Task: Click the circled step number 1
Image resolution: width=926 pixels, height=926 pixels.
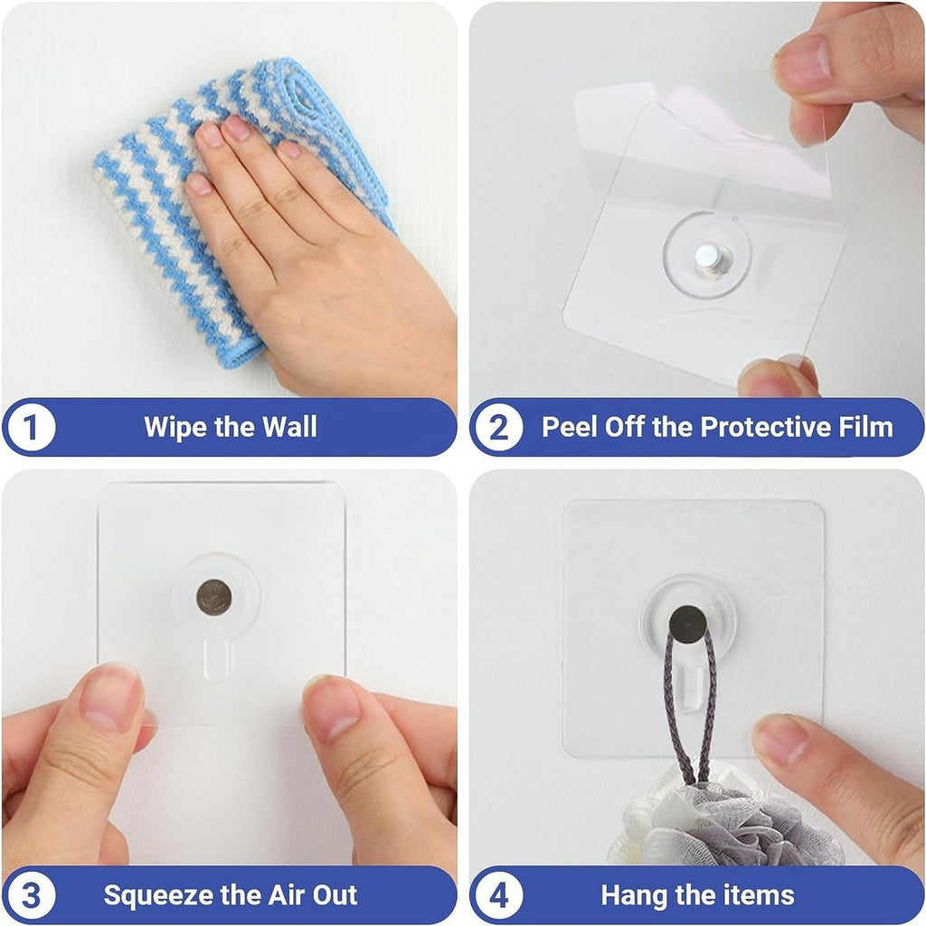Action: [x=32, y=427]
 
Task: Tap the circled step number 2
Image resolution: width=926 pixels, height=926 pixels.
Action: [x=498, y=427]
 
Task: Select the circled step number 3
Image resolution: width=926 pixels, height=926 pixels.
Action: [x=32, y=895]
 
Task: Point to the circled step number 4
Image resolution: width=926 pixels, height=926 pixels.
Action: [x=498, y=895]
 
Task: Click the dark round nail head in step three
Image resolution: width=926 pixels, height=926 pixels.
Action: [x=214, y=596]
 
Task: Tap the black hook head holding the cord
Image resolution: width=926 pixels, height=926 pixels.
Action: [x=687, y=621]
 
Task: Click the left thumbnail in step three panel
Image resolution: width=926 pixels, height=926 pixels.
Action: [x=110, y=696]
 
